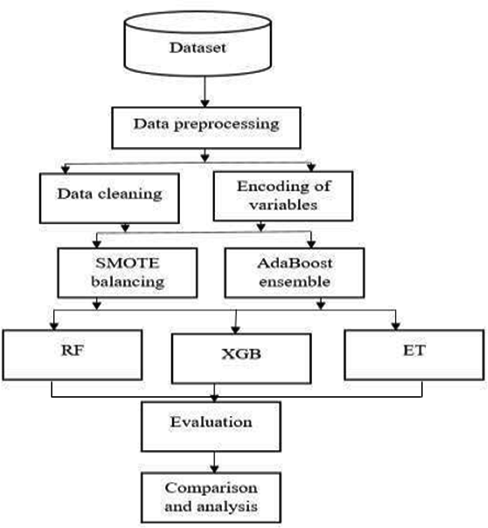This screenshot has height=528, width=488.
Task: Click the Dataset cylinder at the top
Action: (198, 44)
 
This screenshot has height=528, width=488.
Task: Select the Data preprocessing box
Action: (206, 128)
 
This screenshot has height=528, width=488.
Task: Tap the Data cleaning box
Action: (110, 198)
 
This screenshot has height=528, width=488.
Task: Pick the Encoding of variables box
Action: (283, 196)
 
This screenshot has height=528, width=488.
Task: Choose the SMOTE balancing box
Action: (127, 273)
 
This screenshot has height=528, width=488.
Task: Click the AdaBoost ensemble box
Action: (295, 273)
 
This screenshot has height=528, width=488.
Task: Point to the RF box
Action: (72, 355)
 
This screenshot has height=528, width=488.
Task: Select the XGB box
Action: (241, 359)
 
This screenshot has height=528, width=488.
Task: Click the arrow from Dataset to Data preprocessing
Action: (205, 92)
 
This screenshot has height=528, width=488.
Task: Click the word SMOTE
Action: (127, 263)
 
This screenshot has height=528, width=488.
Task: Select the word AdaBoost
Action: (295, 263)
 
